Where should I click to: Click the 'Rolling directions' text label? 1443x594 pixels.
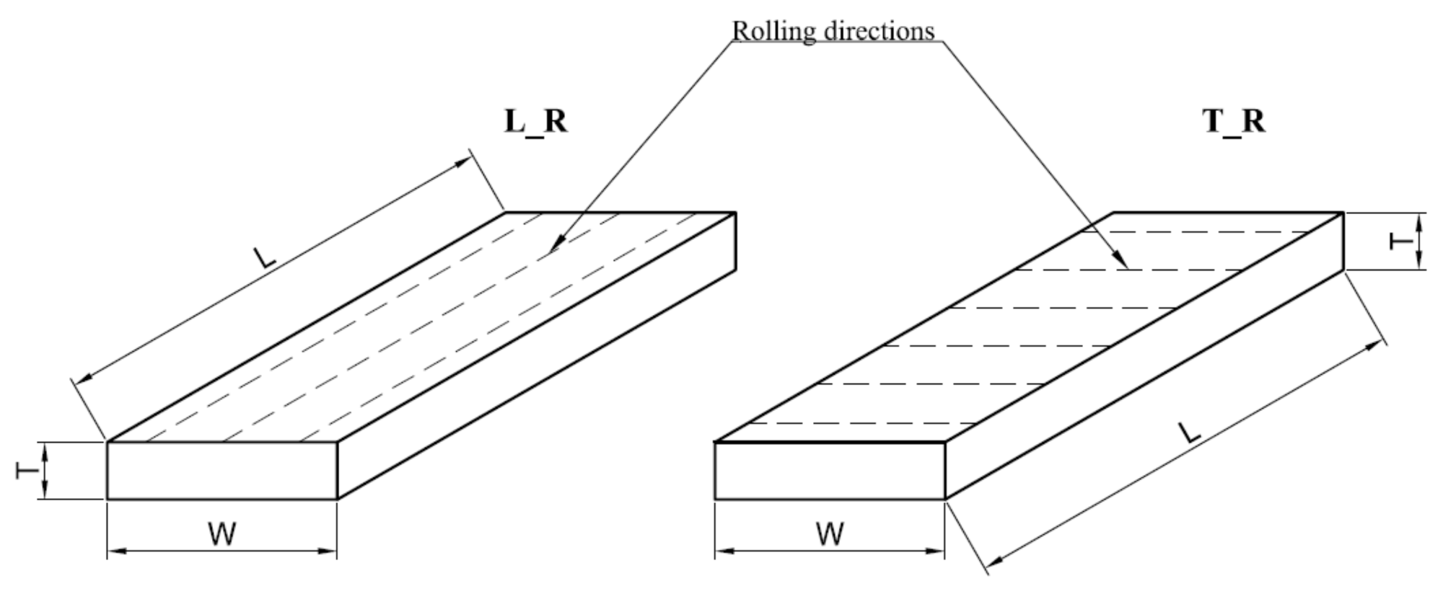point(833,31)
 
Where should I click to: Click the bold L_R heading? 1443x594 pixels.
point(535,121)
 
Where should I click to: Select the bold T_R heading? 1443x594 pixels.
point(1234,121)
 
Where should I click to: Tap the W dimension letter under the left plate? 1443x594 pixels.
point(222,534)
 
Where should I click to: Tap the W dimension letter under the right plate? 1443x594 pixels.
point(830,534)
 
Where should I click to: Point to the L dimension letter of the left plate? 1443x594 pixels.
point(264,257)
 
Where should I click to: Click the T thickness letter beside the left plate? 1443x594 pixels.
point(27,471)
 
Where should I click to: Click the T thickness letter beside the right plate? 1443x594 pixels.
point(1400,241)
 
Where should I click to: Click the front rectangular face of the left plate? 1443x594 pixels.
point(222,470)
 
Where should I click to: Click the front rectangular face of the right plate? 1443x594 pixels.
point(830,470)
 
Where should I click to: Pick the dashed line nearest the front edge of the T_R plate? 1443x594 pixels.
point(859,423)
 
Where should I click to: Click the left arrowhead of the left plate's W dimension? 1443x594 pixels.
point(114,551)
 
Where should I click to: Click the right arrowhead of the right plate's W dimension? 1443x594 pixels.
point(938,551)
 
